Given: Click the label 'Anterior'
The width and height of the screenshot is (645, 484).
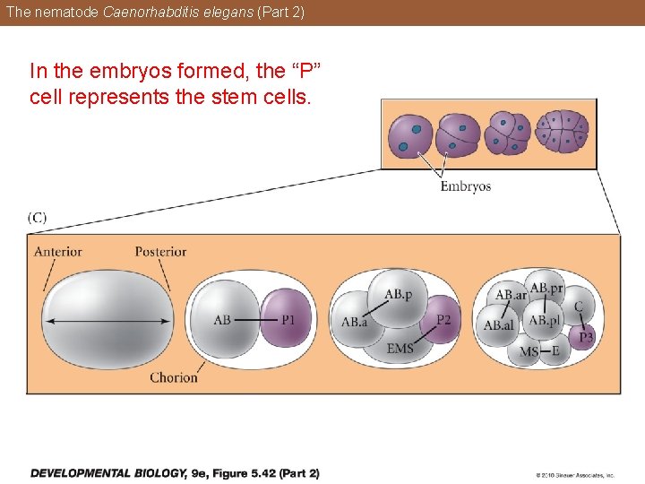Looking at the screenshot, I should pyautogui.click(x=57, y=251).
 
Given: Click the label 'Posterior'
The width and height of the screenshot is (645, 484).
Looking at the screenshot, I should pyautogui.click(x=160, y=251).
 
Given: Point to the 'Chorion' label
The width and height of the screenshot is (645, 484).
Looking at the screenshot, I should pyautogui.click(x=174, y=377).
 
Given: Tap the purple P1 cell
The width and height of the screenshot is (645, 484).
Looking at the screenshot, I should pyautogui.click(x=286, y=319).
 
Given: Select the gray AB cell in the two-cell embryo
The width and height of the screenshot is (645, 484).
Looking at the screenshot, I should pyautogui.click(x=224, y=319).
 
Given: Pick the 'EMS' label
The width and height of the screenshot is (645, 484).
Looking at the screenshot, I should pyautogui.click(x=400, y=348).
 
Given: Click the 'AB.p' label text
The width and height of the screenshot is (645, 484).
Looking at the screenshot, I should pyautogui.click(x=398, y=294).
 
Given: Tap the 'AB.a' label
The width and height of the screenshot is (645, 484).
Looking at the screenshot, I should pyautogui.click(x=354, y=323).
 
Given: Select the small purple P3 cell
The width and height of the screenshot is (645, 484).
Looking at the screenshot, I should pyautogui.click(x=586, y=337).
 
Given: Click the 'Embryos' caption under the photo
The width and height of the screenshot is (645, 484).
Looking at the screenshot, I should pyautogui.click(x=465, y=186).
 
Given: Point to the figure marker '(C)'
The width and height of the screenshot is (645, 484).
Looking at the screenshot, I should pyautogui.click(x=38, y=217).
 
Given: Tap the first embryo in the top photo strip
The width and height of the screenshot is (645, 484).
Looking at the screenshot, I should pyautogui.click(x=409, y=136).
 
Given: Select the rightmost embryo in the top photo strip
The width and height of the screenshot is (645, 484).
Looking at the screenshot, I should pyautogui.click(x=561, y=132).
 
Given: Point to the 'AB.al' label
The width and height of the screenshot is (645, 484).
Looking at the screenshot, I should pyautogui.click(x=498, y=325).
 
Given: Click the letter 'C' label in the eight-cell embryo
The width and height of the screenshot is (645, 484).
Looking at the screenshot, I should pyautogui.click(x=579, y=307).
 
